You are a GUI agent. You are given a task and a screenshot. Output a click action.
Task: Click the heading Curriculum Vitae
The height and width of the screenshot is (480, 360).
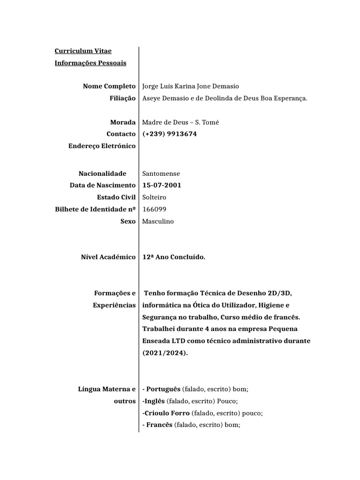(83, 51)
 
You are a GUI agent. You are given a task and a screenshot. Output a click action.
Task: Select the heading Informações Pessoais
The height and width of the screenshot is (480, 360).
(90, 63)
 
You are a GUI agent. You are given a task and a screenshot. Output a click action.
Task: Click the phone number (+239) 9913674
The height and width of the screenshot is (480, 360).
(170, 134)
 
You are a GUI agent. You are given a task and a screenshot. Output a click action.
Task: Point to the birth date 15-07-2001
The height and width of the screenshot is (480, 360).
(162, 185)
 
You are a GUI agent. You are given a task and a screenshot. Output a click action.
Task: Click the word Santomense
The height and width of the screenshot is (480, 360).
(161, 173)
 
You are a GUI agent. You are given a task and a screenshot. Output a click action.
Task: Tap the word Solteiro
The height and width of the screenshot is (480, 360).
(154, 197)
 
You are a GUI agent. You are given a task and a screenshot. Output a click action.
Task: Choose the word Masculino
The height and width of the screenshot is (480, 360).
(158, 221)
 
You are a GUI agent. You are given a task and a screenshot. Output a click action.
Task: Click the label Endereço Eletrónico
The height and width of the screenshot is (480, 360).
(102, 146)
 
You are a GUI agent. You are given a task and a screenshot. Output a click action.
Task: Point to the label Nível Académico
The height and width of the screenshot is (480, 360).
(108, 257)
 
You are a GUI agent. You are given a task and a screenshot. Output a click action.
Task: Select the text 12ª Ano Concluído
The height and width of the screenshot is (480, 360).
(173, 257)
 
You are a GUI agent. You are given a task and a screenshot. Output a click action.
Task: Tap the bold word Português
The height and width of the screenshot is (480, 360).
(163, 389)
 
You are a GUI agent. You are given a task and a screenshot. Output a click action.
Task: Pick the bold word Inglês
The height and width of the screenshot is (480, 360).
(155, 401)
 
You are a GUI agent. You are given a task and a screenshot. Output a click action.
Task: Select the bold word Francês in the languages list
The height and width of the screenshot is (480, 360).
(159, 425)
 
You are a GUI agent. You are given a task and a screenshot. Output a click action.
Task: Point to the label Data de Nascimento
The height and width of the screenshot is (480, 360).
(103, 185)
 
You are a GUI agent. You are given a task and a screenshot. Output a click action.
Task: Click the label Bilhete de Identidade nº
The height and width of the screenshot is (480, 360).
(96, 210)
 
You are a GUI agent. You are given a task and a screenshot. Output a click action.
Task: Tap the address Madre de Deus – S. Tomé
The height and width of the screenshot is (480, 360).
(180, 122)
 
